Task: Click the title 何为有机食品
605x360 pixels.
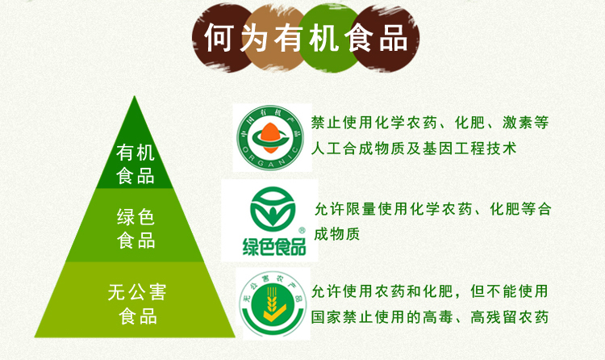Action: [306, 38]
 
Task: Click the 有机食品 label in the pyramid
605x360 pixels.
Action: [136, 164]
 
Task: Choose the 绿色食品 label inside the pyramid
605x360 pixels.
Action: [136, 228]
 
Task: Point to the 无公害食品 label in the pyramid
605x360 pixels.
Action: [137, 304]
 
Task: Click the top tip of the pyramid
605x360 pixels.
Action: [134, 97]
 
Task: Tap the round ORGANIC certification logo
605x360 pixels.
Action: [270, 138]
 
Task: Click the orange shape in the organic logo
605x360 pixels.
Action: [269, 137]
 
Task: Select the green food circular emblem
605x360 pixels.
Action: [273, 209]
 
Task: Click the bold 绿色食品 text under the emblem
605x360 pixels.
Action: [274, 246]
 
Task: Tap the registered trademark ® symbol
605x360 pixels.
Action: [302, 230]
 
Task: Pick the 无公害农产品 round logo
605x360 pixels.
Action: [273, 303]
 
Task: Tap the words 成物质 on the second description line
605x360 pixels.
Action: [337, 234]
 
